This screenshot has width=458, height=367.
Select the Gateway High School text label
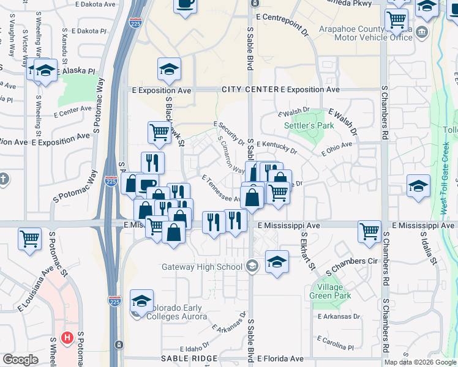[x=201, y=266]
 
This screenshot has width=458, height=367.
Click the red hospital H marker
[x=67, y=338]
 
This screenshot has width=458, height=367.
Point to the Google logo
[x=20, y=360]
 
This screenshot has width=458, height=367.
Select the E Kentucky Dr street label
[x=276, y=147]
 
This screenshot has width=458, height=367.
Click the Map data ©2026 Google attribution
[x=420, y=362]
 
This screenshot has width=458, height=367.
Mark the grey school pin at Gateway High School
[x=252, y=265]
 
